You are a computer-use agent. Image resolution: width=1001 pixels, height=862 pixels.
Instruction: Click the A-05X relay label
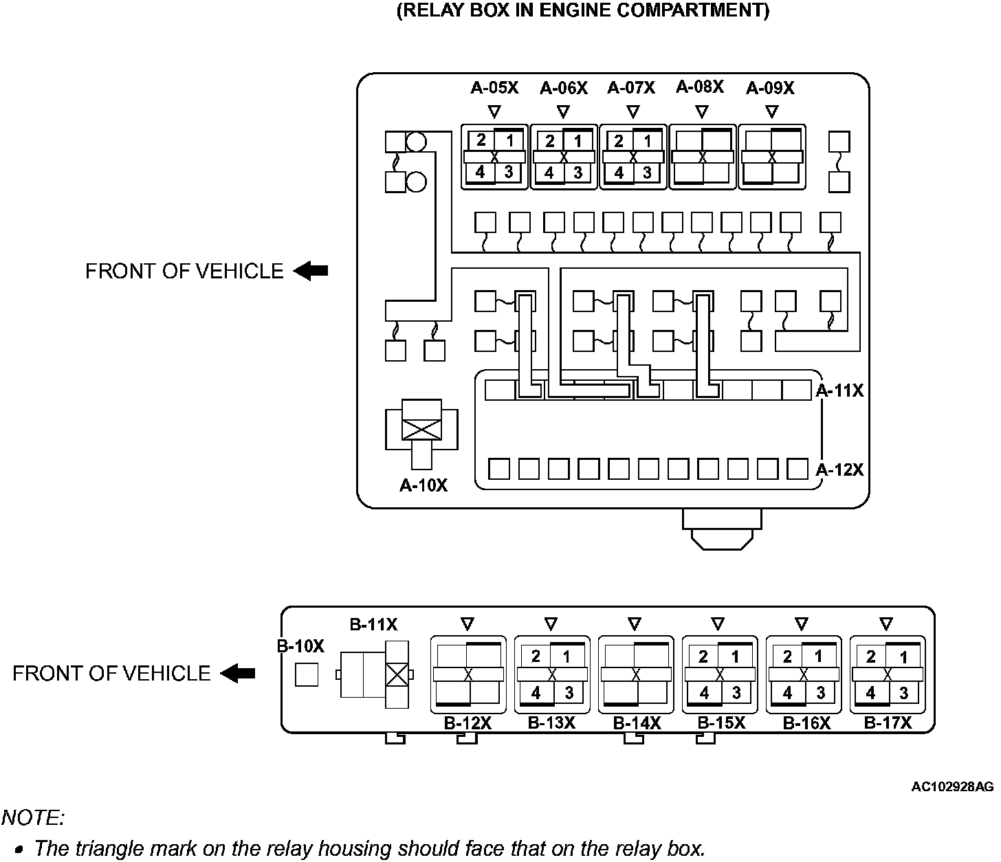494,88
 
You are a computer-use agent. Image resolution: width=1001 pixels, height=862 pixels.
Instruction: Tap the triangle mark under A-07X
634,111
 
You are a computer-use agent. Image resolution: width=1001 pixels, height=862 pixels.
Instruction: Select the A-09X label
770,88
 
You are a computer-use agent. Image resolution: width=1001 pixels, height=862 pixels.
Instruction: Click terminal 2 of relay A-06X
549,141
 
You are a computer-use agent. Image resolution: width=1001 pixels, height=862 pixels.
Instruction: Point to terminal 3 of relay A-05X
508,172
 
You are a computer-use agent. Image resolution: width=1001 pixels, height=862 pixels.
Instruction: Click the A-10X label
423,485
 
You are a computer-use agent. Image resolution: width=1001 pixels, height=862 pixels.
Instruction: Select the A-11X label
839,390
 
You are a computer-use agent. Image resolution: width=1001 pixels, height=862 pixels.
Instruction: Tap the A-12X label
839,469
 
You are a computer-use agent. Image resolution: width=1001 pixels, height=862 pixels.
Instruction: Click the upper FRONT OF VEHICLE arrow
311,272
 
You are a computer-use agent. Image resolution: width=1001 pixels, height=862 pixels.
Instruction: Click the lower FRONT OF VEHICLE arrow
238,673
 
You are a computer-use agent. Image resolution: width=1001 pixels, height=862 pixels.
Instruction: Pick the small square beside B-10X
307,674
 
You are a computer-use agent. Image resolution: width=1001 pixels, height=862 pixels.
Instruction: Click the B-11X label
373,625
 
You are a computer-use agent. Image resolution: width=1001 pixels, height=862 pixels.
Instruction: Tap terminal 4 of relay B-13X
536,693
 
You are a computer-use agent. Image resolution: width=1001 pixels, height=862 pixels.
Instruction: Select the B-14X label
637,723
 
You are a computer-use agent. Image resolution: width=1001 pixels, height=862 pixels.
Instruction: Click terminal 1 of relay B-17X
903,656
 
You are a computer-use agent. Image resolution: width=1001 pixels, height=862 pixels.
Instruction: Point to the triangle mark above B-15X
718,624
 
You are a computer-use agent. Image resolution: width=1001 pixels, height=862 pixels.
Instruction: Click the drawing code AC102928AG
953,786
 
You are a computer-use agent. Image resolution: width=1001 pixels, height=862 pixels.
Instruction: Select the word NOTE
33,817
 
